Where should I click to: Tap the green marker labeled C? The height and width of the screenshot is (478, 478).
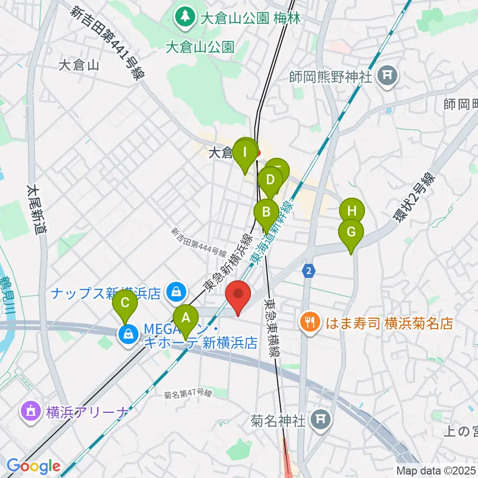click(x=125, y=303)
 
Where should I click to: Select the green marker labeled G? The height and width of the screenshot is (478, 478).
click(x=351, y=233)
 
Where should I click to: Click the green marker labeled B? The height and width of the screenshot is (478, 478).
click(x=266, y=212)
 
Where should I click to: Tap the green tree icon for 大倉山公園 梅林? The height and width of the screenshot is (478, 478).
click(x=185, y=17)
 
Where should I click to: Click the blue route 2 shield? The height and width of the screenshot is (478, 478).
click(x=309, y=270)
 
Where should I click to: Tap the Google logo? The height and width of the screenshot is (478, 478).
click(x=33, y=466)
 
